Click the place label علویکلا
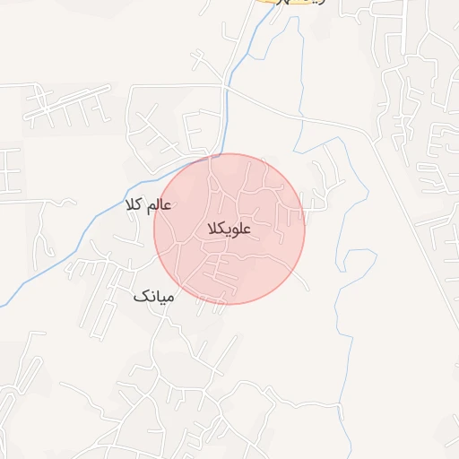pyautogui.click(x=229, y=229)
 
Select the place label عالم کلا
pyautogui.click(x=149, y=206)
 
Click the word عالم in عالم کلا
pyautogui.click(x=159, y=206)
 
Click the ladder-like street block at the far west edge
pyautogui.click(x=9, y=170)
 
